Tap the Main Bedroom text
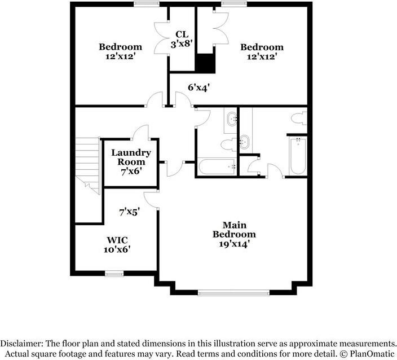[x=234, y=229]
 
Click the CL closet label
[x=181, y=34]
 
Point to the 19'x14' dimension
[x=234, y=244]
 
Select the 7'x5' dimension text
[x=129, y=212]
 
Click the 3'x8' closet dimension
[x=181, y=44]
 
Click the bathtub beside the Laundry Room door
[x=217, y=168]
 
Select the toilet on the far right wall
[x=299, y=118]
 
